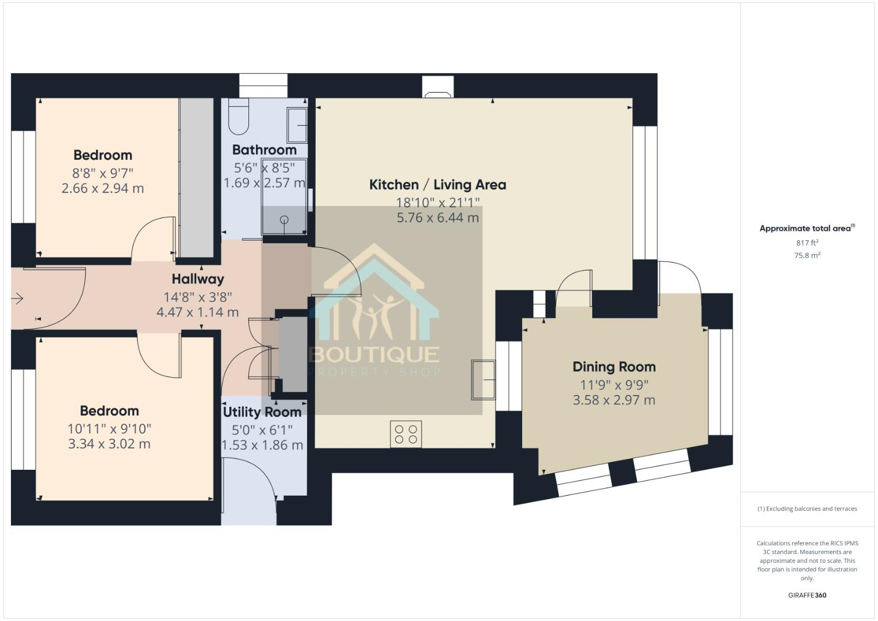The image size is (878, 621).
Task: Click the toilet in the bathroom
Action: [x=238, y=116]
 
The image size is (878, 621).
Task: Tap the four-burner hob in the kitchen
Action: [x=406, y=434]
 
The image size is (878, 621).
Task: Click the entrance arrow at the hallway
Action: [x=17, y=298]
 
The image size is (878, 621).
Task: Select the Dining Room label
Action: [x=614, y=367]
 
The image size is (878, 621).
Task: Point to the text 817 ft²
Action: [x=807, y=243]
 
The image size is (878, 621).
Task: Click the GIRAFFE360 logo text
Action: [x=807, y=595]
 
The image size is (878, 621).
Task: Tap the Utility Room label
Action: [x=262, y=412]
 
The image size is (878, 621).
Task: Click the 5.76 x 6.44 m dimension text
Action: [x=438, y=218]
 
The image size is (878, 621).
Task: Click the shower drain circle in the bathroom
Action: [x=284, y=220]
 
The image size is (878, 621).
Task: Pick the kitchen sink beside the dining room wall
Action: [x=483, y=379]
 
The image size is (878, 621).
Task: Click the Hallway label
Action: [x=198, y=279]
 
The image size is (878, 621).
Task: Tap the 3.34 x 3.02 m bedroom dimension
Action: [x=109, y=444]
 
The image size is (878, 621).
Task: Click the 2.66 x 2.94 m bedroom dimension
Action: [x=102, y=188]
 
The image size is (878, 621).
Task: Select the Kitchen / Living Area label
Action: [x=438, y=185]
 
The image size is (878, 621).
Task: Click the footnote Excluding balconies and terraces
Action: [x=807, y=509]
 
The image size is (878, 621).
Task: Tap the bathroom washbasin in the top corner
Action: [x=297, y=125]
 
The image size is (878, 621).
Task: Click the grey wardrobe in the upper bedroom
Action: [x=196, y=178]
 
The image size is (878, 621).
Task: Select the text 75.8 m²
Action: [x=807, y=256]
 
